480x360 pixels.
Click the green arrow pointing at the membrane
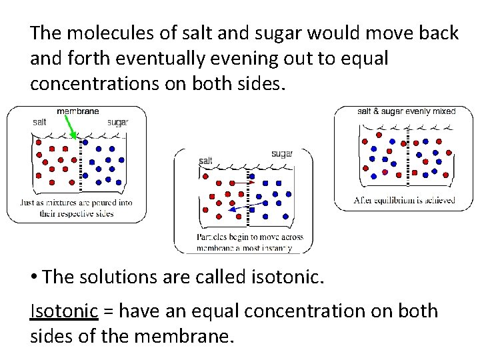(x=69, y=125)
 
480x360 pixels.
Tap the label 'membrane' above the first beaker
(x=78, y=111)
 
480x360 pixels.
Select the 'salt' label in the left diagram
(x=39, y=122)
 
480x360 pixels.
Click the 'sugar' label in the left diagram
(x=117, y=122)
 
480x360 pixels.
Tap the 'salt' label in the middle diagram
(x=205, y=161)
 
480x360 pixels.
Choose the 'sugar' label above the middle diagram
(x=281, y=154)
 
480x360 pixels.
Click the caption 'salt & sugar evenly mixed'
(x=406, y=111)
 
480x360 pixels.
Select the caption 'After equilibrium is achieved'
(x=405, y=199)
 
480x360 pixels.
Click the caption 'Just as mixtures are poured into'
(x=76, y=203)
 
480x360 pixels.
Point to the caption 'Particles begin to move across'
(x=250, y=237)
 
